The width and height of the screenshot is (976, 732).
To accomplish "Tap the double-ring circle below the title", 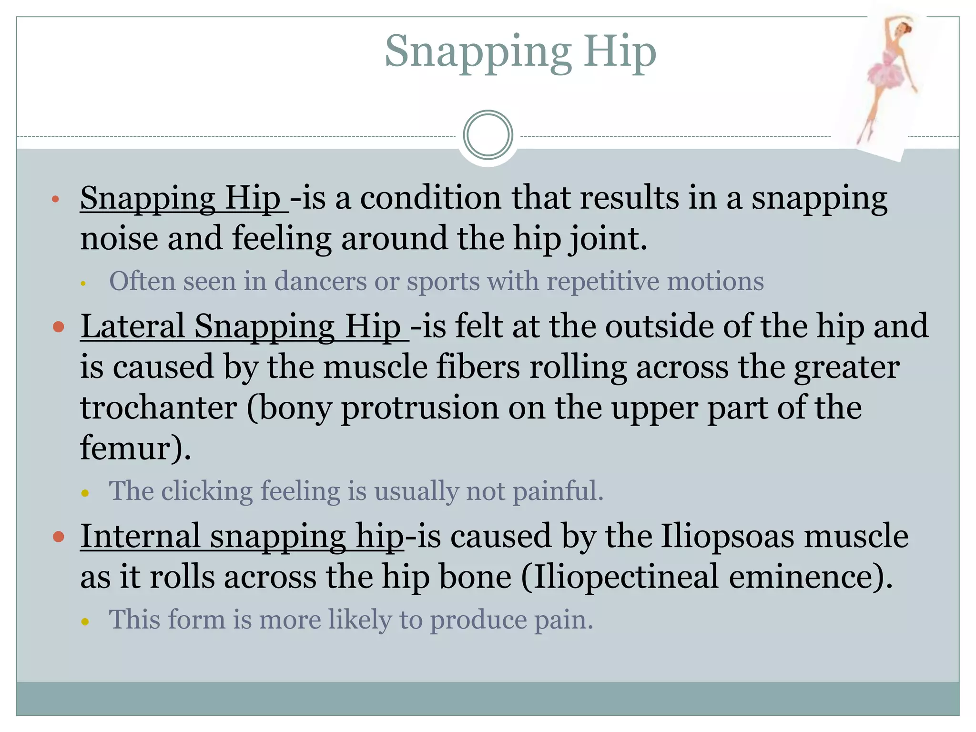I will [x=488, y=135].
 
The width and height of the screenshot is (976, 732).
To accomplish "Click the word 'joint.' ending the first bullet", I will [x=608, y=239].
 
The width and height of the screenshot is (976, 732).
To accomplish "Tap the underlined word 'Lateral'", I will [x=132, y=326].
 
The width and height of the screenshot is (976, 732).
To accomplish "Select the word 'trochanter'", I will [x=158, y=408].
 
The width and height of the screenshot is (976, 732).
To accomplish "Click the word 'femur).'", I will [x=135, y=448].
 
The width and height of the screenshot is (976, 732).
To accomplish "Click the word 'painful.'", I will [x=558, y=491].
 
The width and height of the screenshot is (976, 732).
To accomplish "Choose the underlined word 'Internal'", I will [x=140, y=536].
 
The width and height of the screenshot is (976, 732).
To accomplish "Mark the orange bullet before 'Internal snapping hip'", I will [x=59, y=537].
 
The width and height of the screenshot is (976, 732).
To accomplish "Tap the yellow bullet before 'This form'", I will [x=85, y=621].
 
